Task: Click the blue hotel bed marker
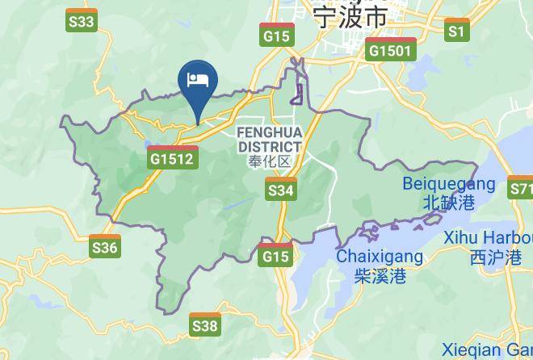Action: tap(198, 81)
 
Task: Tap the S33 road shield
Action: tap(82, 20)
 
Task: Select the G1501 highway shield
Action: tap(391, 49)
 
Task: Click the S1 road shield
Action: tap(457, 30)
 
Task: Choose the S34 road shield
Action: tap(280, 189)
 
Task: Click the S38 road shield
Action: tap(204, 324)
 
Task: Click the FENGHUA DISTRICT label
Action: tap(270, 139)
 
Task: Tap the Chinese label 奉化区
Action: tap(269, 161)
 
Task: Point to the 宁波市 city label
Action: tap(350, 15)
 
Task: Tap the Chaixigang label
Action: tap(379, 257)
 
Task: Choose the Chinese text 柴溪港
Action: tap(380, 276)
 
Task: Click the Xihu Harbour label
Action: tap(488, 238)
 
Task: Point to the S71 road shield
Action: tap(521, 190)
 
